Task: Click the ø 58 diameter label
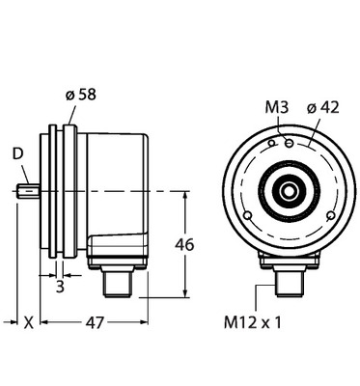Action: tap(80, 95)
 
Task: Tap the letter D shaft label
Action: tap(18, 154)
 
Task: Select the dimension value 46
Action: tap(184, 245)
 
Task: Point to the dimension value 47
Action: tap(96, 322)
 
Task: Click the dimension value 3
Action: tap(60, 287)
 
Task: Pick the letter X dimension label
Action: tap(29, 322)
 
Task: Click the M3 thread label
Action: tap(277, 108)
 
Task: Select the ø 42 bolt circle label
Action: tap(323, 108)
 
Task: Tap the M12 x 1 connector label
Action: tap(253, 322)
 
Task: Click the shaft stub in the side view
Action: tap(29, 190)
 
